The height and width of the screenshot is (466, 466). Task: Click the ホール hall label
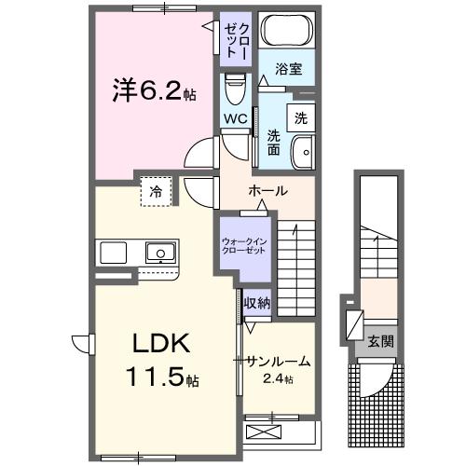[267, 191]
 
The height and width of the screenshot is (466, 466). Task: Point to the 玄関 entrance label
[379, 341]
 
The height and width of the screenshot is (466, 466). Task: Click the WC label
[234, 120]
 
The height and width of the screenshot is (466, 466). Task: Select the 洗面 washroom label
[274, 142]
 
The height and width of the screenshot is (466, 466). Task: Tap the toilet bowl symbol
[234, 89]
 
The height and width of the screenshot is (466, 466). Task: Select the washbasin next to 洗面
[302, 152]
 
